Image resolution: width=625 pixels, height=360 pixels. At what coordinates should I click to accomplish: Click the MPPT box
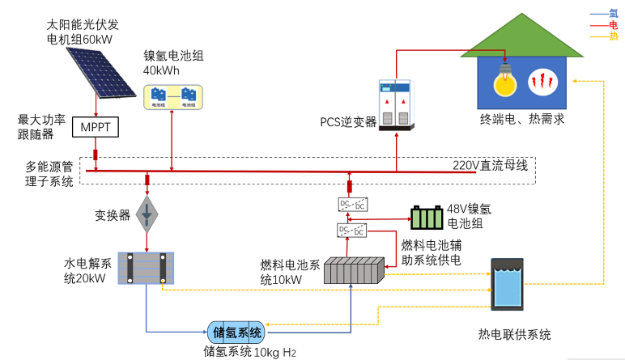click(x=96, y=128)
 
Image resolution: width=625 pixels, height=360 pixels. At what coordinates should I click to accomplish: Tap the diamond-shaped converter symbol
click(x=147, y=213)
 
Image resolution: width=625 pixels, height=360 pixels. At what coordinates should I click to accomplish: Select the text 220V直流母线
click(x=490, y=167)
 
